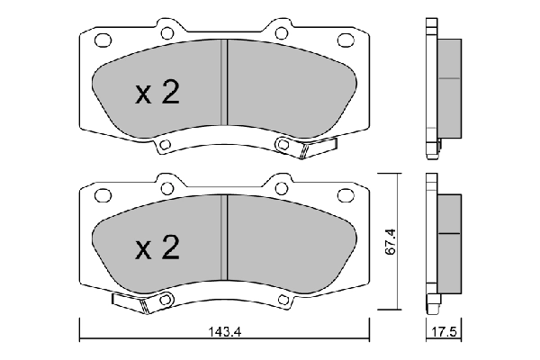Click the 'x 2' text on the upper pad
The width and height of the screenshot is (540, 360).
click(x=157, y=94)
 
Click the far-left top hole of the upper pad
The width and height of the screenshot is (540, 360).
click(x=103, y=40)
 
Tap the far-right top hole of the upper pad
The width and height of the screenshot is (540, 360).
click(x=346, y=40)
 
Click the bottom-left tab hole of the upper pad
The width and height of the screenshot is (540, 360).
click(x=165, y=146)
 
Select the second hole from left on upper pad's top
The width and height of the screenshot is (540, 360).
click(x=166, y=33)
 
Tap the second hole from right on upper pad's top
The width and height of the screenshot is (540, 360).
click(x=281, y=33)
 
